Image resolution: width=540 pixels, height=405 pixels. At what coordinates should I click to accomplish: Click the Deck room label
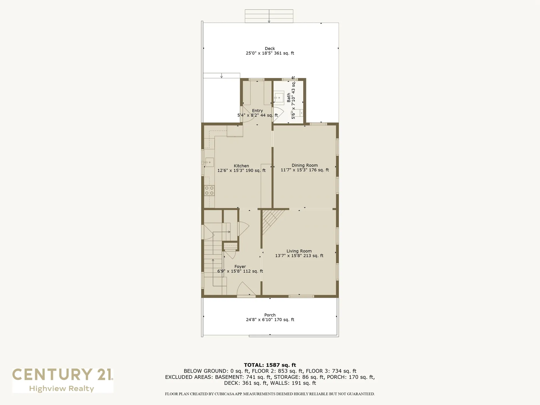point(270,49)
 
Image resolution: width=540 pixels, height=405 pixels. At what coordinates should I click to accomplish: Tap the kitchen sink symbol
point(209,162)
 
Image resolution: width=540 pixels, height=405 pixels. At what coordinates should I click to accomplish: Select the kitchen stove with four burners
point(209,190)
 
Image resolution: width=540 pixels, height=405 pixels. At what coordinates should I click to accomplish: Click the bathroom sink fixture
point(279,97)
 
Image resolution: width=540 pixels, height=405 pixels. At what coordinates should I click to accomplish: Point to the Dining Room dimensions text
point(305,170)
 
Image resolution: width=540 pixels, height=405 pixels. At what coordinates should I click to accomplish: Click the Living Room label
point(299,251)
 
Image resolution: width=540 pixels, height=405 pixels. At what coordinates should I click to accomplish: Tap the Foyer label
point(240,266)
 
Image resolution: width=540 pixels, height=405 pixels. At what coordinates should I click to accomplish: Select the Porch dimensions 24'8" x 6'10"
point(270,319)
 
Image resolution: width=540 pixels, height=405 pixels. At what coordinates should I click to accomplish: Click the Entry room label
point(257,111)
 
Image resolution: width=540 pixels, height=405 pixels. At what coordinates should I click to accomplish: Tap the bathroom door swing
point(278,114)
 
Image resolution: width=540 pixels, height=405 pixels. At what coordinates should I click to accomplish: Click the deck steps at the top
point(269,16)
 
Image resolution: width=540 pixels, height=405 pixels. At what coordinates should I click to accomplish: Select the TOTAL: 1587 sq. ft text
point(270,365)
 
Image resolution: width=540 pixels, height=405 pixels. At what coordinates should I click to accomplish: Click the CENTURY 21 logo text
point(62,375)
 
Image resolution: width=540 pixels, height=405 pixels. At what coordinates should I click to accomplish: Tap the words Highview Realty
point(62,389)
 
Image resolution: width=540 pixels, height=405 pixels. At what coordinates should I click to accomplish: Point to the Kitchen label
point(241,166)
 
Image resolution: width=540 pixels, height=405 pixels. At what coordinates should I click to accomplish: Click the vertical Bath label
point(289,98)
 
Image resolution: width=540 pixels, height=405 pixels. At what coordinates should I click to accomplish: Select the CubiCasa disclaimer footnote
point(270,394)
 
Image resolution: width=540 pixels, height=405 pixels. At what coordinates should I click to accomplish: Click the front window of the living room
point(301,296)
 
